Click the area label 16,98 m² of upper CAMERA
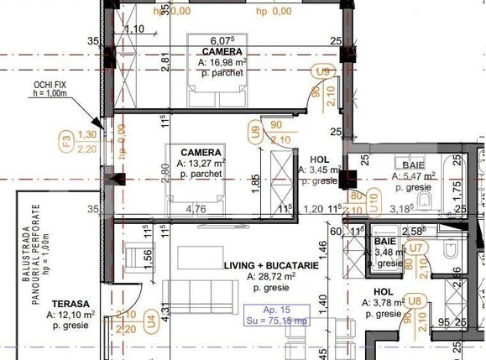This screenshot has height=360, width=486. [x=221, y=62]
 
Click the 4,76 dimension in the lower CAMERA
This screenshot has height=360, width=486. [x=196, y=208]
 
